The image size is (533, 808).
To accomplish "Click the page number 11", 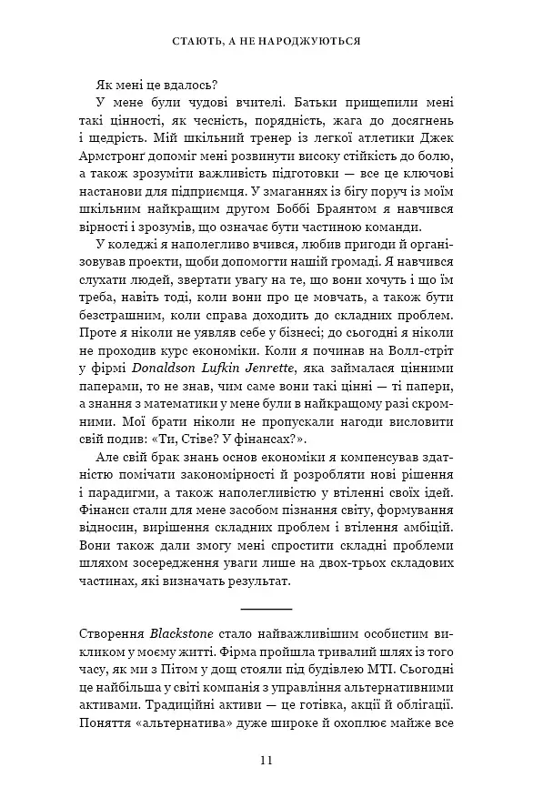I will [x=266, y=761].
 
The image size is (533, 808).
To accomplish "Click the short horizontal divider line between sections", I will [x=266, y=606].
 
